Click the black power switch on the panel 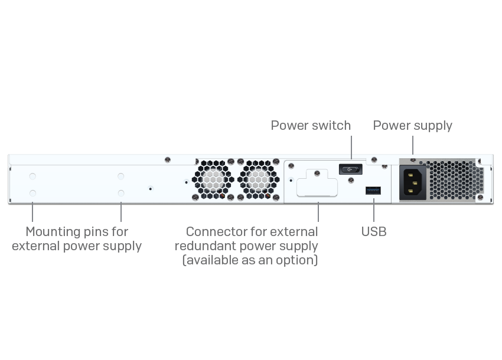click(x=350, y=169)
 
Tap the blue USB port click(x=373, y=190)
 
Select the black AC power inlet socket click(x=415, y=181)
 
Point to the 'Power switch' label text click(x=311, y=125)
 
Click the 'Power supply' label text click(x=412, y=125)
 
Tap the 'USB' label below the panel click(x=374, y=231)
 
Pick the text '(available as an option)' click(x=250, y=260)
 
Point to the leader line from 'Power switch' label click(x=351, y=150)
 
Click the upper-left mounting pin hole click(x=32, y=176)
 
